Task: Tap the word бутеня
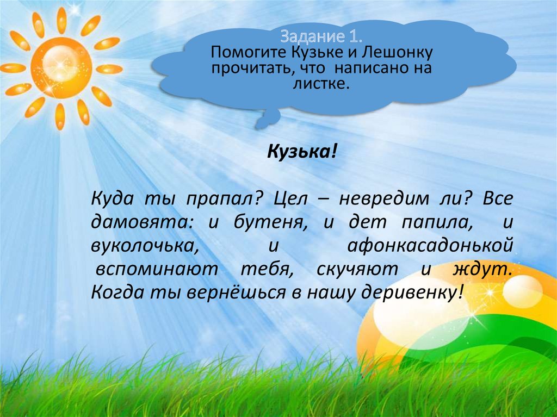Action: (256, 222)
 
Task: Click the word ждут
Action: (482, 269)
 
